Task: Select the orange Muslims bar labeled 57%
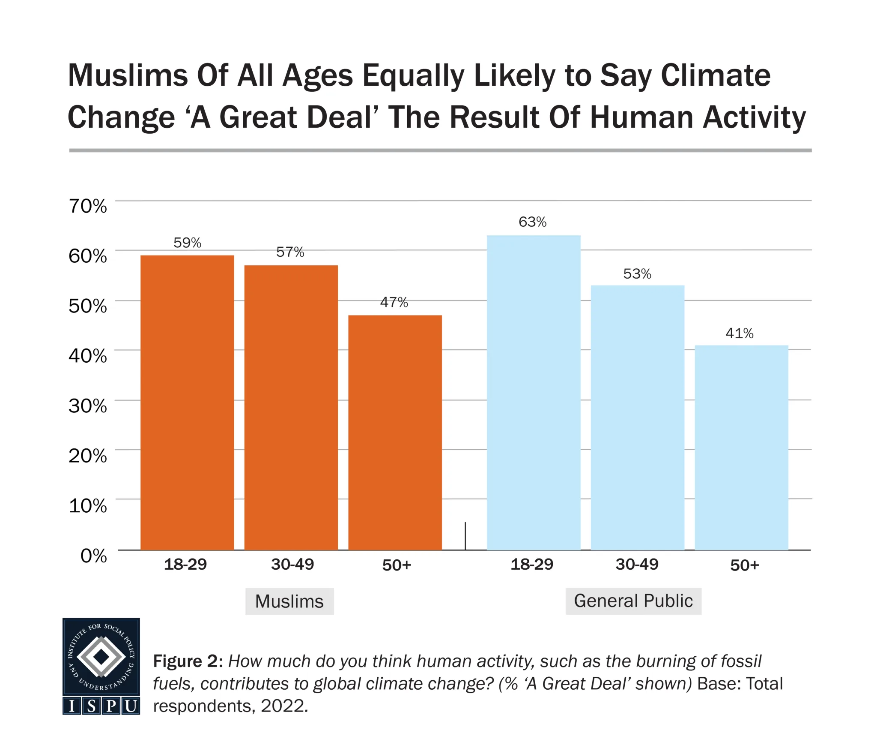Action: tap(291, 407)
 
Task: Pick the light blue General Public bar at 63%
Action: tap(534, 392)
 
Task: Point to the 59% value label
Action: tap(187, 243)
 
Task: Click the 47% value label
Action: tap(394, 302)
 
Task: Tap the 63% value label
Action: tap(532, 222)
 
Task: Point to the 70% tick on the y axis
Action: tap(88, 206)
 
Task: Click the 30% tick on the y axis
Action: tap(88, 406)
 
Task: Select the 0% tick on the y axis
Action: tap(93, 556)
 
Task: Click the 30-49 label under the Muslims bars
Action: tap(292, 564)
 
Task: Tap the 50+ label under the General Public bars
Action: tap(744, 565)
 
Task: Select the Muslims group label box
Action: tap(289, 601)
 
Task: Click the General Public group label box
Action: tap(633, 601)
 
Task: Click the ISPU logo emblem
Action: tap(101, 666)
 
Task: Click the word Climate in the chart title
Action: tap(715, 76)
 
